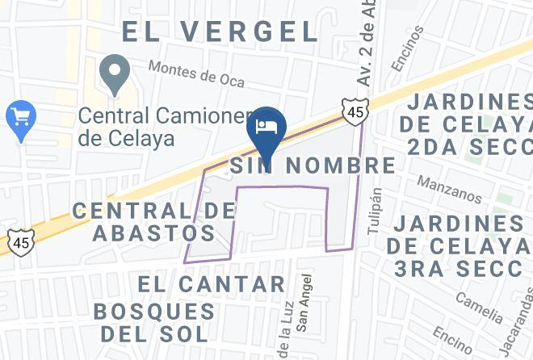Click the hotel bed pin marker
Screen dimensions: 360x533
tap(265, 126)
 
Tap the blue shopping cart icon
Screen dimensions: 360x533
tap(19, 117)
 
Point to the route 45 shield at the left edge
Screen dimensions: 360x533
tap(22, 240)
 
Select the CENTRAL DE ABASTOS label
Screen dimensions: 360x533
tap(145, 222)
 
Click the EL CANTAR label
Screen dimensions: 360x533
tap(212, 284)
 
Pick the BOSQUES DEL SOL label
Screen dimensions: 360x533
tap(155, 321)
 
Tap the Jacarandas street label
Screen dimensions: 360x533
tap(514, 333)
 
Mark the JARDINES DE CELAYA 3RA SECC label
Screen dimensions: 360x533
tap(460, 246)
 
